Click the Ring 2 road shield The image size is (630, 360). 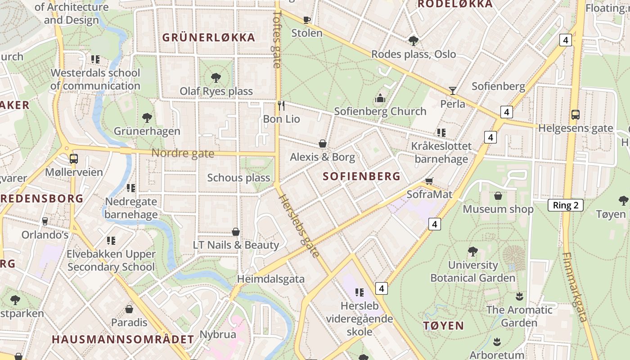pos(566,206)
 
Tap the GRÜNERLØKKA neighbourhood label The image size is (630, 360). pos(209,37)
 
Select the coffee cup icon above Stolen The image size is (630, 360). pos(307,19)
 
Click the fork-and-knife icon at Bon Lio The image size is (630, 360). pos(281,106)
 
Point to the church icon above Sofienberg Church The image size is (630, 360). pos(380,98)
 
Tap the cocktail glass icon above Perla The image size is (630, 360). pos(453,90)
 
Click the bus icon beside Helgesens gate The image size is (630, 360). pos(575,114)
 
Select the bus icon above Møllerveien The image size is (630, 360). pos(73,158)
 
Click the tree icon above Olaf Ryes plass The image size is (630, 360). pos(216,77)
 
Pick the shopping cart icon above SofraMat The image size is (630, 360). pos(429,180)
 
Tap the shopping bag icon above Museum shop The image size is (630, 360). pos(498,196)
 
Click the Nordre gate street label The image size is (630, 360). pos(183,153)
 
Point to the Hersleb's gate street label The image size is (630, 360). pos(299,226)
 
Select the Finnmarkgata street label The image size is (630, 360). pos(575,287)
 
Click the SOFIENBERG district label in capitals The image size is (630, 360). pos(361,176)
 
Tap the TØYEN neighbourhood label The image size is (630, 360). pos(443,326)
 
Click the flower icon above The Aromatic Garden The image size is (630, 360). pos(519,296)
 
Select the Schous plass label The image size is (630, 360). pos(238,178)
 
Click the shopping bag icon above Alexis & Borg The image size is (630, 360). pos(323,144)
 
